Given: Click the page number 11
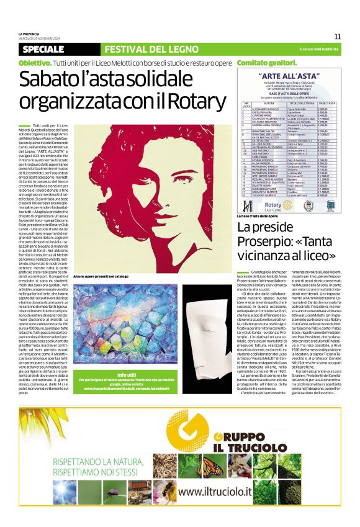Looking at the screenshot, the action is (x=337, y=36).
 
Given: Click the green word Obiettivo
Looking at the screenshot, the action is (x=35, y=63).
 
